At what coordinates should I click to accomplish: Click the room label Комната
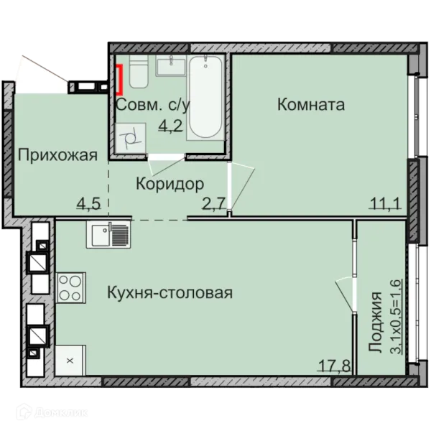click(311, 105)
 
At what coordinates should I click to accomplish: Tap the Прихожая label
click(57, 156)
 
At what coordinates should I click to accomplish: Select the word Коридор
click(170, 184)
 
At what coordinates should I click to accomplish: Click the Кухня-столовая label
click(170, 292)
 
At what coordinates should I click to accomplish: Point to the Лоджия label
click(375, 323)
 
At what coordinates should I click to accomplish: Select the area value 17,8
click(335, 366)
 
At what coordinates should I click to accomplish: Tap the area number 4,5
click(89, 204)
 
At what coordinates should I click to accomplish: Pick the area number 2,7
click(214, 204)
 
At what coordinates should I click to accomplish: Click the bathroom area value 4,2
click(171, 126)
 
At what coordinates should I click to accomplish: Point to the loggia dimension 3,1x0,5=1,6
click(396, 316)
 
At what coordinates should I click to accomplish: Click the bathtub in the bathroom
click(205, 97)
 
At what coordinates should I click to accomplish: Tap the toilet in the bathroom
click(139, 71)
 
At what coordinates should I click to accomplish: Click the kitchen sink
click(108, 235)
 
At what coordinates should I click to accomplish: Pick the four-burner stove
click(70, 287)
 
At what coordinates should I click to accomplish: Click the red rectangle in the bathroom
click(119, 78)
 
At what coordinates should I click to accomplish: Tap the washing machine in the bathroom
click(131, 138)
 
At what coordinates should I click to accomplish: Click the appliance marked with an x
click(70, 360)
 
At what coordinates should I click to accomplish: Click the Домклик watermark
click(52, 412)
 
